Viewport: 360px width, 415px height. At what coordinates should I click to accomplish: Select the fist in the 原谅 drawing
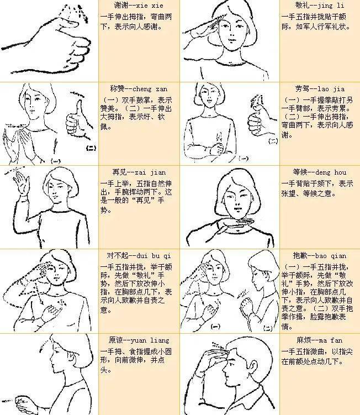(x=17, y=399)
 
